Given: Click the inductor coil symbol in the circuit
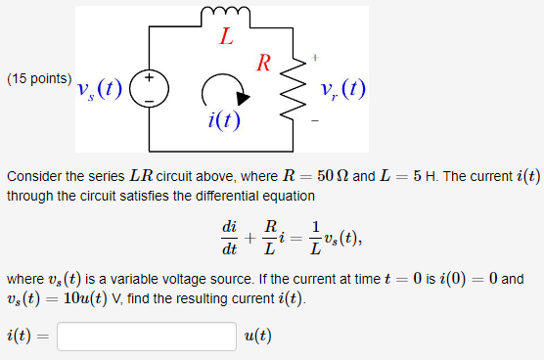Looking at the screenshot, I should coord(226,15).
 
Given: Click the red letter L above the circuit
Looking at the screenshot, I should coord(226,39).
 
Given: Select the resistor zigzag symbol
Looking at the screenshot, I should coord(288,93).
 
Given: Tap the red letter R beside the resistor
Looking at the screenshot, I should coord(263,65).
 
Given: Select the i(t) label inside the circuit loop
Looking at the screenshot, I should coord(226,120).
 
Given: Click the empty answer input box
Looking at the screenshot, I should coord(147,336).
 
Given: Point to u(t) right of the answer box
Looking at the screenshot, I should coord(257,336).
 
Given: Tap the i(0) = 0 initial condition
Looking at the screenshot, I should coord(470,278).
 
